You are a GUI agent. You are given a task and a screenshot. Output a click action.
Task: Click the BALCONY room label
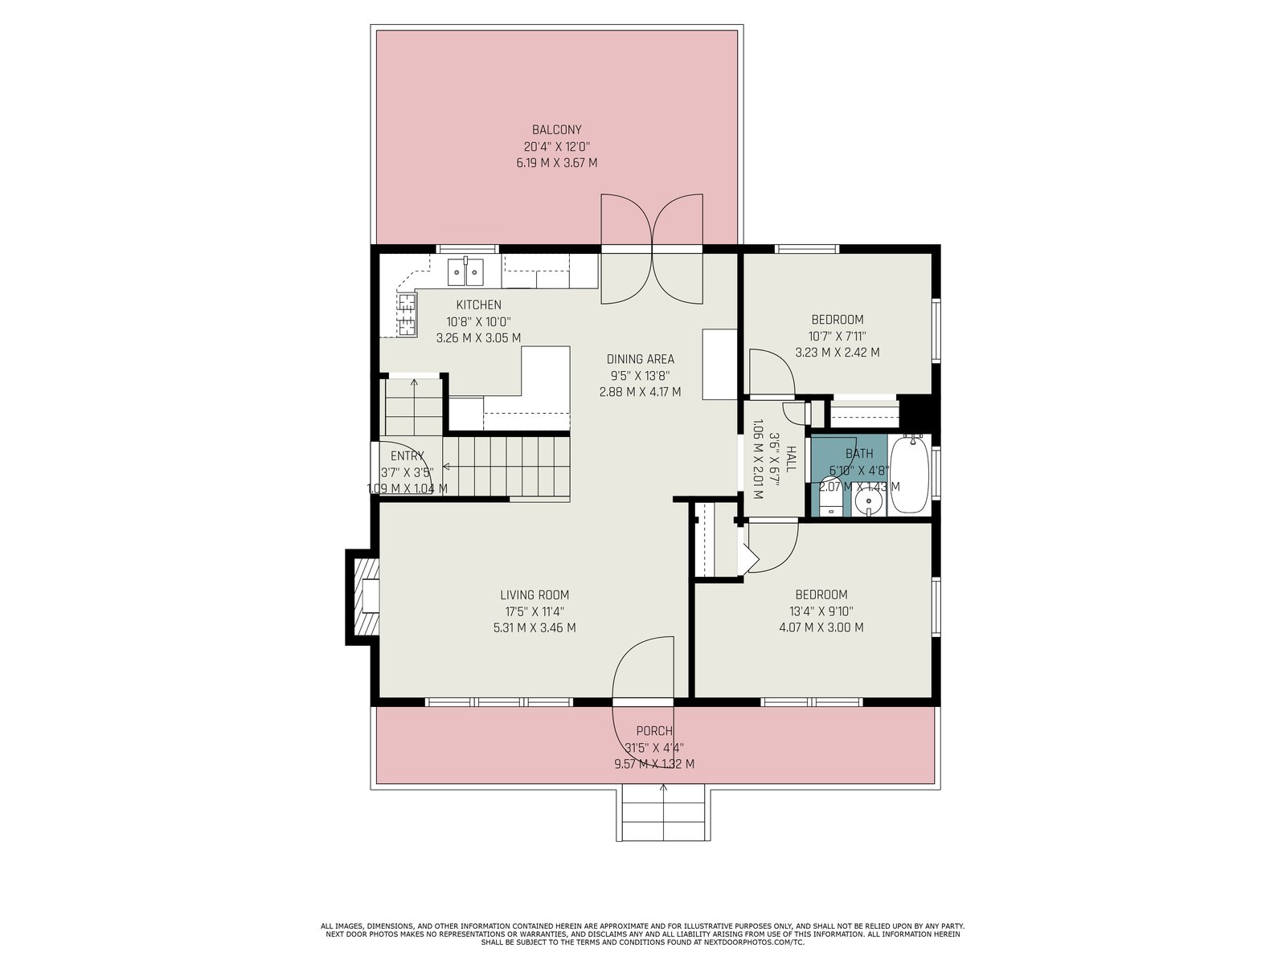pyautogui.click(x=556, y=130)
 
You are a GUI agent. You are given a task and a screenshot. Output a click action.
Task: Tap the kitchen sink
pyautogui.click(x=465, y=272)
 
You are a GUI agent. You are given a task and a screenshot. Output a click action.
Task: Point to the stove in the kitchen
pyautogui.click(x=408, y=314)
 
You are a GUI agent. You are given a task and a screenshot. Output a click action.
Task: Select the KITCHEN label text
pyautogui.click(x=479, y=305)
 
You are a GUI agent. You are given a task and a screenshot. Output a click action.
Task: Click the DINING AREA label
pyautogui.click(x=640, y=359)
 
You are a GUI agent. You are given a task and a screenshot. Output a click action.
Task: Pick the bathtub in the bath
pyautogui.click(x=909, y=474)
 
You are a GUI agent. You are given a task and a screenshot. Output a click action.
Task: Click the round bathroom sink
pyautogui.click(x=868, y=502)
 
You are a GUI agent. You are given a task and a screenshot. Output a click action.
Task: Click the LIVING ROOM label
pyautogui.click(x=534, y=595)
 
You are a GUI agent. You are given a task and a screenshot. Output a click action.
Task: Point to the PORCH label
pyautogui.click(x=653, y=731)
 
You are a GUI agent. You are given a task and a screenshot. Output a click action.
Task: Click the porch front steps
pyautogui.click(x=662, y=815)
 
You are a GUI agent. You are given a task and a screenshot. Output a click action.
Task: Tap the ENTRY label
pyautogui.click(x=408, y=456)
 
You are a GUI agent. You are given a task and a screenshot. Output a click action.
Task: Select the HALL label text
pyautogui.click(x=790, y=459)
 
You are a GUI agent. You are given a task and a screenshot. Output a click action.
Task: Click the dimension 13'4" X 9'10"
pyautogui.click(x=821, y=611)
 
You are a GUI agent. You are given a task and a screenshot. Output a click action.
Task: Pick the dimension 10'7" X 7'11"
pyautogui.click(x=838, y=337)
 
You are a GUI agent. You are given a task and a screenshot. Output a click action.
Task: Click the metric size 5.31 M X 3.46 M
pyautogui.click(x=534, y=628)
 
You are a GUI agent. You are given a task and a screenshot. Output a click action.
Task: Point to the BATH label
pyautogui.click(x=859, y=454)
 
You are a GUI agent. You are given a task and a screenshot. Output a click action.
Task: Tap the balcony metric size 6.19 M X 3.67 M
pyautogui.click(x=556, y=163)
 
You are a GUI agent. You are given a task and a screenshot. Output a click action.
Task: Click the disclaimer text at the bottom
pyautogui.click(x=642, y=934)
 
